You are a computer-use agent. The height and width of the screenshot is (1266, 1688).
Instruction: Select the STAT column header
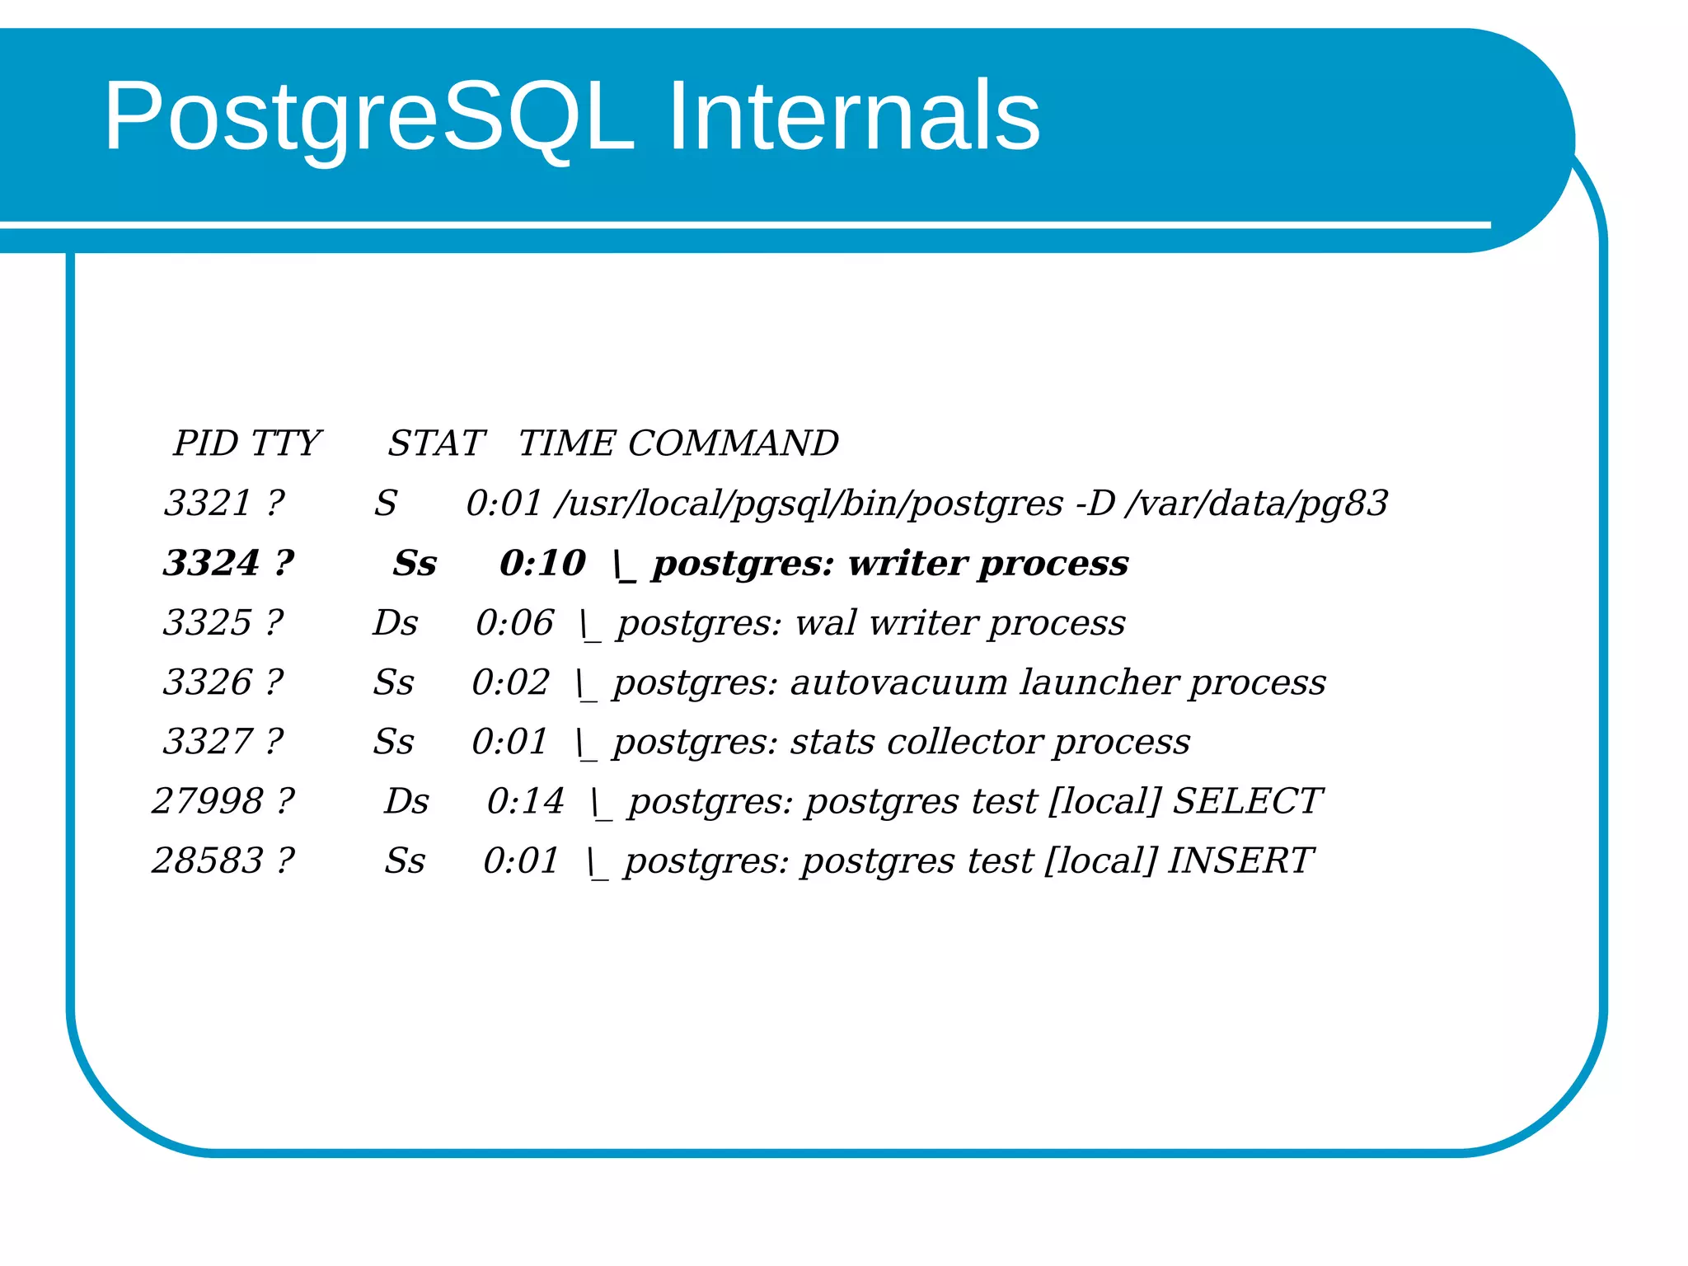436,443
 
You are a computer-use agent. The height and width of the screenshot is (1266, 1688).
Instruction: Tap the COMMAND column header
733,443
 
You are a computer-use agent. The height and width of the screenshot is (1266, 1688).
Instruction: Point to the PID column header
205,443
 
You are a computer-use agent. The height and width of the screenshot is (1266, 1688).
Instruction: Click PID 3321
207,503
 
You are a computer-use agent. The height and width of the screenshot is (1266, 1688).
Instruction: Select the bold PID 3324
211,563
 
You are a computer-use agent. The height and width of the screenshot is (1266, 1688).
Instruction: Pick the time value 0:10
542,563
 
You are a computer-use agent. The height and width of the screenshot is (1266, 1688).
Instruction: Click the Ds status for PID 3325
396,623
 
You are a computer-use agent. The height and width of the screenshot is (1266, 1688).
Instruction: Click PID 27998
207,801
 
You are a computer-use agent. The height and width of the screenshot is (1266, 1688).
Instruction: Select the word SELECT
1246,801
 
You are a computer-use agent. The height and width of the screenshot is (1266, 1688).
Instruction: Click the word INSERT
1239,860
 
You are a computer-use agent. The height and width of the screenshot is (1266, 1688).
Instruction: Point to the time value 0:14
525,801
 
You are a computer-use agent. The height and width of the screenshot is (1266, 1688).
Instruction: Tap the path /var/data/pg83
1257,503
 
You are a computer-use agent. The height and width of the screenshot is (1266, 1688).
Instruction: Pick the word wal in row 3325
825,623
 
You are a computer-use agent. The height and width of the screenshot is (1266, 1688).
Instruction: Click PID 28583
207,860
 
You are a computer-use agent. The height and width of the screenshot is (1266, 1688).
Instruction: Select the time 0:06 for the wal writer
514,623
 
